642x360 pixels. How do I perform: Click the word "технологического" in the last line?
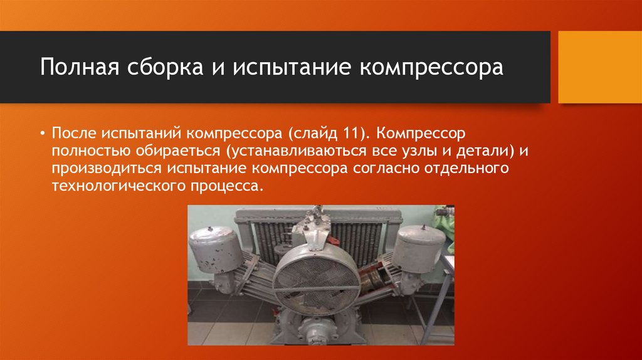click(x=115, y=186)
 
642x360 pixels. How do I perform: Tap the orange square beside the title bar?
click(x=600, y=67)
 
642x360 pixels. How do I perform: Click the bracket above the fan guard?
click(x=313, y=229)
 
